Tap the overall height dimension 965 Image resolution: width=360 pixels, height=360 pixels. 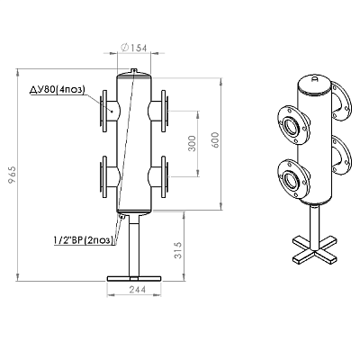tap(13, 175)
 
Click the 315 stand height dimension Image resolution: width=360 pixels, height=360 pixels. tap(178, 250)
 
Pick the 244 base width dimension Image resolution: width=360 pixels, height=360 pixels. tap(137, 290)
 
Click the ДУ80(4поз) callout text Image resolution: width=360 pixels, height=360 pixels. tap(58, 90)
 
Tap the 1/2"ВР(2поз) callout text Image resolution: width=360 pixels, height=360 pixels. tap(84, 240)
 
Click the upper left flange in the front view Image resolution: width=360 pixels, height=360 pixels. tap(104, 111)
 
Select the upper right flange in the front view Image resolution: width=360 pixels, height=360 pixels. tap(164, 111)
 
